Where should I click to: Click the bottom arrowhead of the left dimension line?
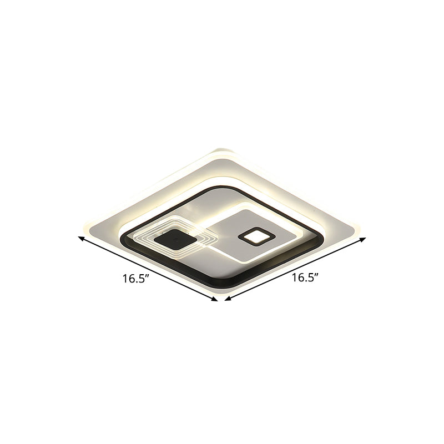pyautogui.click(x=215, y=300)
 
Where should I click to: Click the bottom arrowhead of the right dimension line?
pyautogui.click(x=226, y=300)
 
